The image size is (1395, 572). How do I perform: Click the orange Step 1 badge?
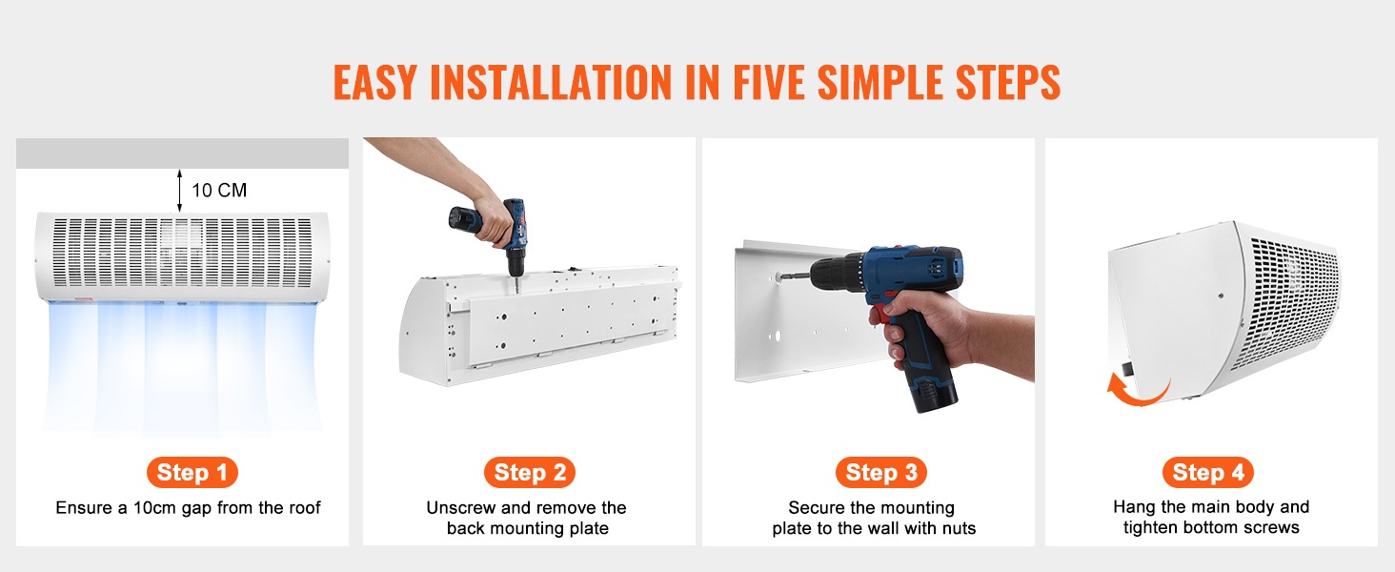(x=192, y=472)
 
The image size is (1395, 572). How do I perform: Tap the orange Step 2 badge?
(x=530, y=472)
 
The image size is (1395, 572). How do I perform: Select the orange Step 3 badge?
(x=881, y=472)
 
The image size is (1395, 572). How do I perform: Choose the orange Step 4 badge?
(x=1208, y=472)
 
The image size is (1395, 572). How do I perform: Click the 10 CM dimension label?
(x=219, y=190)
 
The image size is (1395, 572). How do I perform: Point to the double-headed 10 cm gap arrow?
(x=179, y=191)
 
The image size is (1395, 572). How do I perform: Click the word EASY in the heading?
(x=374, y=82)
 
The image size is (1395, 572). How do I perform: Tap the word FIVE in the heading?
(x=769, y=82)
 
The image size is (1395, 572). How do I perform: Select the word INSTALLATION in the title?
(x=551, y=82)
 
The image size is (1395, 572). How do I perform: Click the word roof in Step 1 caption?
(x=305, y=507)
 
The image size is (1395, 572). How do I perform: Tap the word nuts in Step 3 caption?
(x=958, y=528)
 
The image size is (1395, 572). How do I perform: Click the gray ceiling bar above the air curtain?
(x=182, y=153)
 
